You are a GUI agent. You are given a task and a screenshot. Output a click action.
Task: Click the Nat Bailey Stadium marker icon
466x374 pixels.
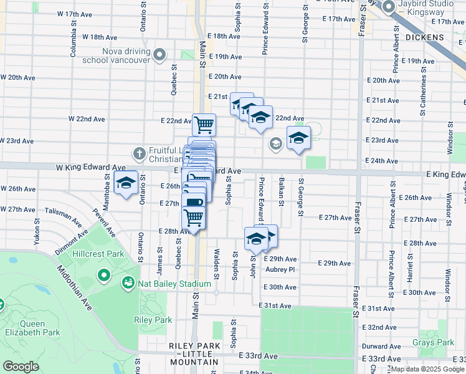click(128, 284)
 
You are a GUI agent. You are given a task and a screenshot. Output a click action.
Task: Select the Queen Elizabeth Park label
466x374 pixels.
click(32, 328)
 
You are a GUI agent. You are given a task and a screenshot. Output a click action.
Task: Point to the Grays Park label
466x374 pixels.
click(432, 342)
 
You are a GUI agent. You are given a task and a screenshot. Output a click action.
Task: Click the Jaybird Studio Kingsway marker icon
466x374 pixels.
click(389, 7)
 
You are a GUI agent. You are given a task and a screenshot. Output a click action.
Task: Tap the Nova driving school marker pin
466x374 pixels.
click(159, 55)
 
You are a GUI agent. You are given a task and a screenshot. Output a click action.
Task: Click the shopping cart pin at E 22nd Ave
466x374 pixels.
click(204, 125)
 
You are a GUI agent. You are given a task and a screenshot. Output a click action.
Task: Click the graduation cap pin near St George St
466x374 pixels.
click(298, 138)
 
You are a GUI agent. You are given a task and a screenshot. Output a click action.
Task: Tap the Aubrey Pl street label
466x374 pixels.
click(280, 270)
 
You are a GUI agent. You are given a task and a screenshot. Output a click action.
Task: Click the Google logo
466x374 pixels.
click(21, 367)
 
